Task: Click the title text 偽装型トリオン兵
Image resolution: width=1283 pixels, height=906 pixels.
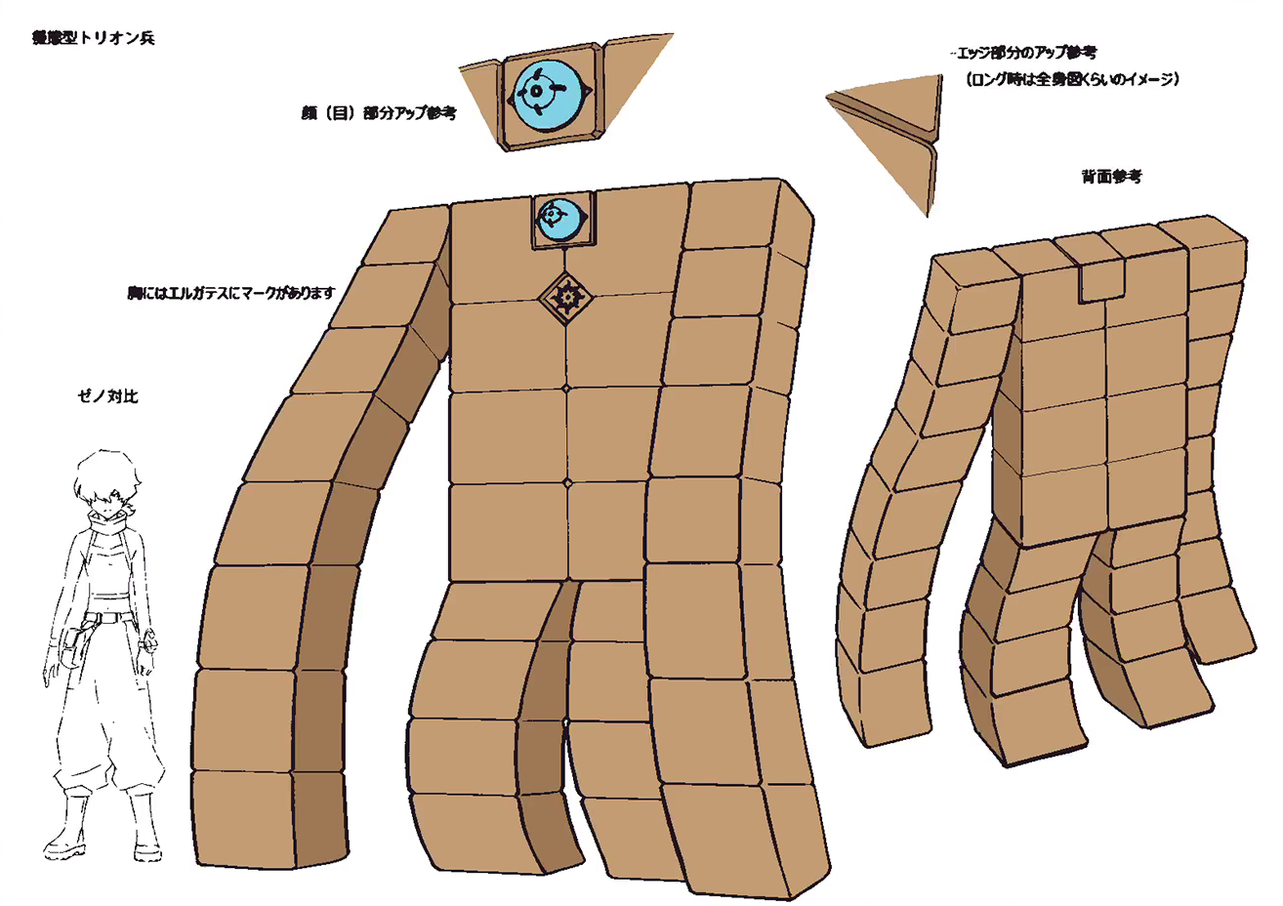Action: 93,39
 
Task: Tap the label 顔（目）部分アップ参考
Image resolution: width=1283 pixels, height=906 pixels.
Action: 379,113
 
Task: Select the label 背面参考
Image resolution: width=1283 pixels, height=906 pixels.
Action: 1111,177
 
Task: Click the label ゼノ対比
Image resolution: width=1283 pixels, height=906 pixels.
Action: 107,396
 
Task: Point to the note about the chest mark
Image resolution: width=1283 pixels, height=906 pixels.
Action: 231,293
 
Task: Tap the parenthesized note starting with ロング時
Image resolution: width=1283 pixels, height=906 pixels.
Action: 1070,80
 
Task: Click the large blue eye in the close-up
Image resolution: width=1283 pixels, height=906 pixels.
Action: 551,94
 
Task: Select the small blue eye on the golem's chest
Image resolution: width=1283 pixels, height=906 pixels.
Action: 561,218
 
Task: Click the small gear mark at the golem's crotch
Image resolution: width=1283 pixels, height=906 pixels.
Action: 567,723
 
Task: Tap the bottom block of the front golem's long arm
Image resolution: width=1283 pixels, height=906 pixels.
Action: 244,815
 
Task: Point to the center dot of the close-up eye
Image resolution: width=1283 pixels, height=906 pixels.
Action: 536,93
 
